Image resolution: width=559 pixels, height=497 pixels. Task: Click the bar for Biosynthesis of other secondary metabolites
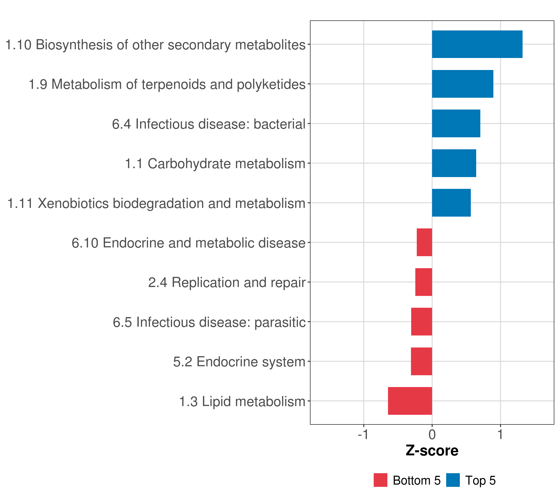(x=477, y=44)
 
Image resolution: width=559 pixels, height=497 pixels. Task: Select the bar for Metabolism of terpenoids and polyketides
(x=463, y=84)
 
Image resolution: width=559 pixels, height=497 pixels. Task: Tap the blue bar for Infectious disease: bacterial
(x=456, y=123)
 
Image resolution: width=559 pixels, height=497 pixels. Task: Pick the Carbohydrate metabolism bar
(x=454, y=163)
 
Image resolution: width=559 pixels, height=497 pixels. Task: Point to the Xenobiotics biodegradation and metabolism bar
(x=451, y=203)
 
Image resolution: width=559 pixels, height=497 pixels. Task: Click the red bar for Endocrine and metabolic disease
(x=424, y=242)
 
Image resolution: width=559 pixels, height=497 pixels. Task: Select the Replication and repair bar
(x=424, y=282)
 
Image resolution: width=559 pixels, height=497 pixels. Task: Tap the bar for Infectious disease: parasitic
(x=422, y=322)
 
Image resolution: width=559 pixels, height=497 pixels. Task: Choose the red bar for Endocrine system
(x=422, y=361)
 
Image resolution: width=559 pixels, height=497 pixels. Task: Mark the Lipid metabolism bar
(x=410, y=401)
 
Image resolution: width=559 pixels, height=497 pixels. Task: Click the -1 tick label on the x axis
(x=363, y=435)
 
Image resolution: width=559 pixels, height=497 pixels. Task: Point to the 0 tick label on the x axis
(x=432, y=435)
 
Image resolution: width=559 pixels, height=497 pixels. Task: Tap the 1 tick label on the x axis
(x=500, y=435)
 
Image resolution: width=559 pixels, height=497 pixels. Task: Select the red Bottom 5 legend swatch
(x=380, y=480)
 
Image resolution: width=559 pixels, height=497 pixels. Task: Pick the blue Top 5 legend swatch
(x=453, y=480)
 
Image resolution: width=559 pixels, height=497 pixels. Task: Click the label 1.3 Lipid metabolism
(x=242, y=402)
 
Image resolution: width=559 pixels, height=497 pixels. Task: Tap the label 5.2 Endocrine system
(x=239, y=362)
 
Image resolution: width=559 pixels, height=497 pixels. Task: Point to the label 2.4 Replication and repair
(x=227, y=282)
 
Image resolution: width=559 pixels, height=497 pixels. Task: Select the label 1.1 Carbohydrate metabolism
(x=215, y=164)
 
